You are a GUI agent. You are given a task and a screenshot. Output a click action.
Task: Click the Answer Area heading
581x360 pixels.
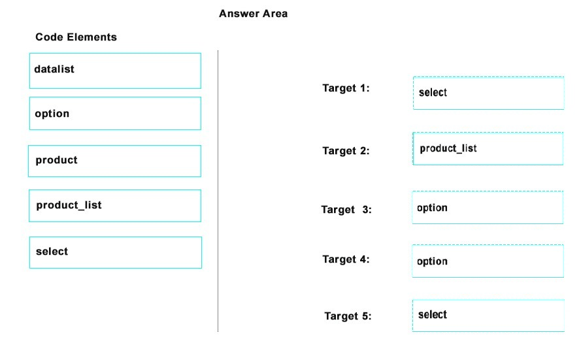(253, 14)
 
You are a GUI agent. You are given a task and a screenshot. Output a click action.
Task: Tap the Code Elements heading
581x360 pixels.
(76, 37)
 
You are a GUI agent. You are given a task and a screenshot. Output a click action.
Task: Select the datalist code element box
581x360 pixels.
(115, 71)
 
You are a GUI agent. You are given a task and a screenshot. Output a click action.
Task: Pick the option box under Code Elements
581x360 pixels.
(115, 113)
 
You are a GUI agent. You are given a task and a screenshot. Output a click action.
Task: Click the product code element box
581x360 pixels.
(114, 161)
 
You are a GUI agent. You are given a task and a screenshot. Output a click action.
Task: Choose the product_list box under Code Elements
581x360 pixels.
(115, 206)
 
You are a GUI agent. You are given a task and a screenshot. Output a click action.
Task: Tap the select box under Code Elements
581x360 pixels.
(116, 253)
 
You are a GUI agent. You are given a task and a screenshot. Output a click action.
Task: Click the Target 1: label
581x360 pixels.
(346, 88)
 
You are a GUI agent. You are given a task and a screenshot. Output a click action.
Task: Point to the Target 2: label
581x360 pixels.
(346, 151)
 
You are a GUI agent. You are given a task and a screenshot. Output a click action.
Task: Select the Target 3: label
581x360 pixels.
(346, 210)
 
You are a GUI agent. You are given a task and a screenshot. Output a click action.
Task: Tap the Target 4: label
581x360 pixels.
(346, 259)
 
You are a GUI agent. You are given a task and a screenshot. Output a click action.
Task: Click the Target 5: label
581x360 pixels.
(348, 316)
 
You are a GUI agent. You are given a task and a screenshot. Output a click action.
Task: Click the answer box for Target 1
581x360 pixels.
(489, 93)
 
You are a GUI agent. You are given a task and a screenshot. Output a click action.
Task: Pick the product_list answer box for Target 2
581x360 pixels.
(488, 148)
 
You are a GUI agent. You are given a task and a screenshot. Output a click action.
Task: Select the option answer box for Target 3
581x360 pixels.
(488, 207)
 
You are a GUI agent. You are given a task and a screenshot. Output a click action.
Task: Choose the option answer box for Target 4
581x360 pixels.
(488, 261)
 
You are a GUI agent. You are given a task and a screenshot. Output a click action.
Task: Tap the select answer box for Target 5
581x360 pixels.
(488, 316)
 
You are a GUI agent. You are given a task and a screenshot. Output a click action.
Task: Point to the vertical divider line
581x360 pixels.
(218, 191)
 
